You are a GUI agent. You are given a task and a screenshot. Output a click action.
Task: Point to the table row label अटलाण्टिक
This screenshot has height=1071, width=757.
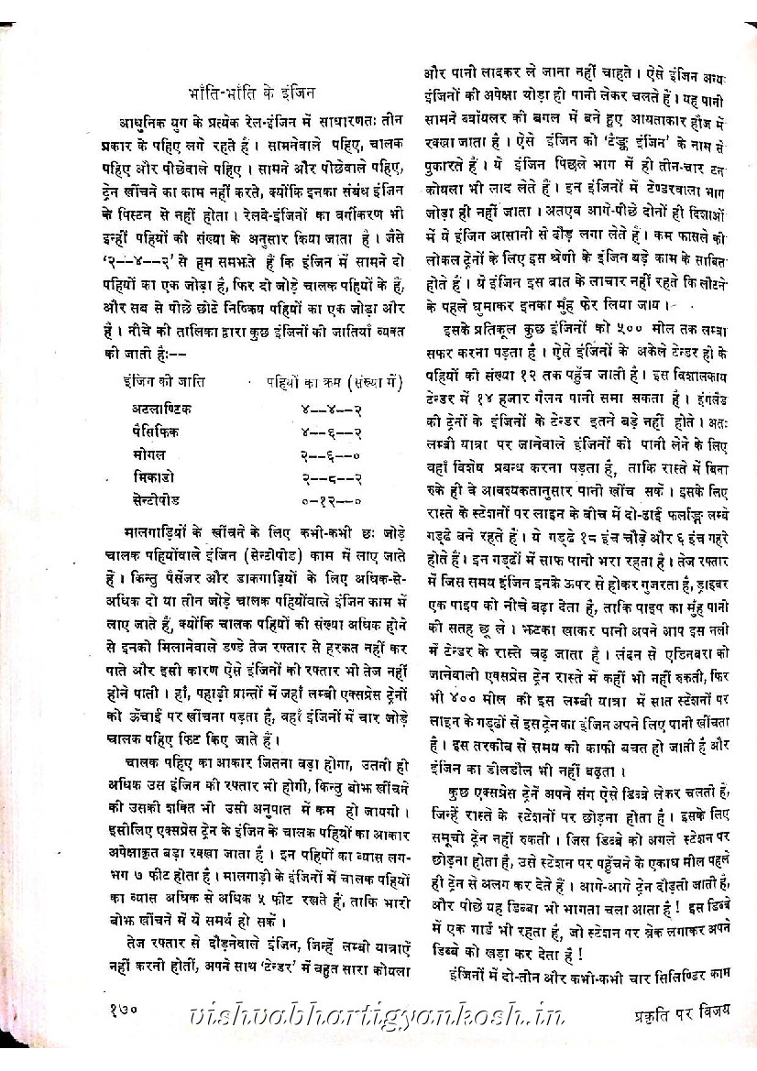(x=162, y=408)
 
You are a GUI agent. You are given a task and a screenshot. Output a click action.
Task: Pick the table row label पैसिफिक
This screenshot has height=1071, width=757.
(x=156, y=431)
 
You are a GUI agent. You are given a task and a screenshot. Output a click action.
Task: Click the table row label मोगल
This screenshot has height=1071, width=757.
(x=148, y=454)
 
